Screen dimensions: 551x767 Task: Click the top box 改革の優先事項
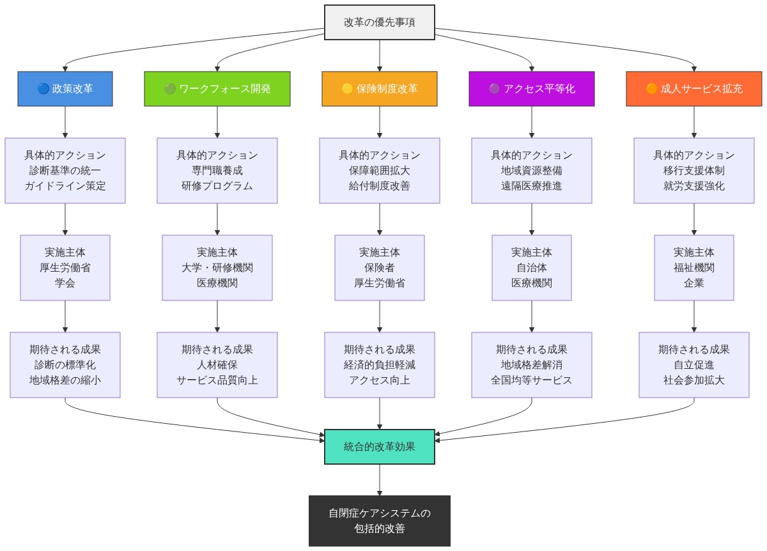coord(380,22)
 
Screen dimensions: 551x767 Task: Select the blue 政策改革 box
coord(65,89)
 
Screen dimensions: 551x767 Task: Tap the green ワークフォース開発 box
coord(217,89)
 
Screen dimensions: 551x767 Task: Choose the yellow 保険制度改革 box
coord(380,89)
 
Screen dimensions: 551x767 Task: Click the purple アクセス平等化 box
coord(532,89)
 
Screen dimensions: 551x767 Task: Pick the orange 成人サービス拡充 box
coord(694,89)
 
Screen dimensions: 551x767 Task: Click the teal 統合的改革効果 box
coord(380,447)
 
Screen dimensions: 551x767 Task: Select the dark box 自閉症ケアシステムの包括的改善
coord(380,521)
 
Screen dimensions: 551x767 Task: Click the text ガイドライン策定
coord(65,186)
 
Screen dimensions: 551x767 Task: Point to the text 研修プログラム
coord(217,186)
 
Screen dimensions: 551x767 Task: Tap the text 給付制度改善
coord(380,186)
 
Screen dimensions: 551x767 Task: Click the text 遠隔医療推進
coord(532,186)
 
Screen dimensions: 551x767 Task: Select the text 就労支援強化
coord(694,186)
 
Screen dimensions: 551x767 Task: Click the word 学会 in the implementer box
coord(65,283)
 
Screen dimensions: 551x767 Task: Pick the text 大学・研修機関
coord(217,268)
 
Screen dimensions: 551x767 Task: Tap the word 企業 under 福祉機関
coord(694,283)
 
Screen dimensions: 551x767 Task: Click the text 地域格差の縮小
coord(65,380)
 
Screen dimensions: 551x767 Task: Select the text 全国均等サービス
coord(532,380)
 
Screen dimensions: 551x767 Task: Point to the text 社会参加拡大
coord(694,380)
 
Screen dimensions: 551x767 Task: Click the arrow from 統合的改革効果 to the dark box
coord(380,479)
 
